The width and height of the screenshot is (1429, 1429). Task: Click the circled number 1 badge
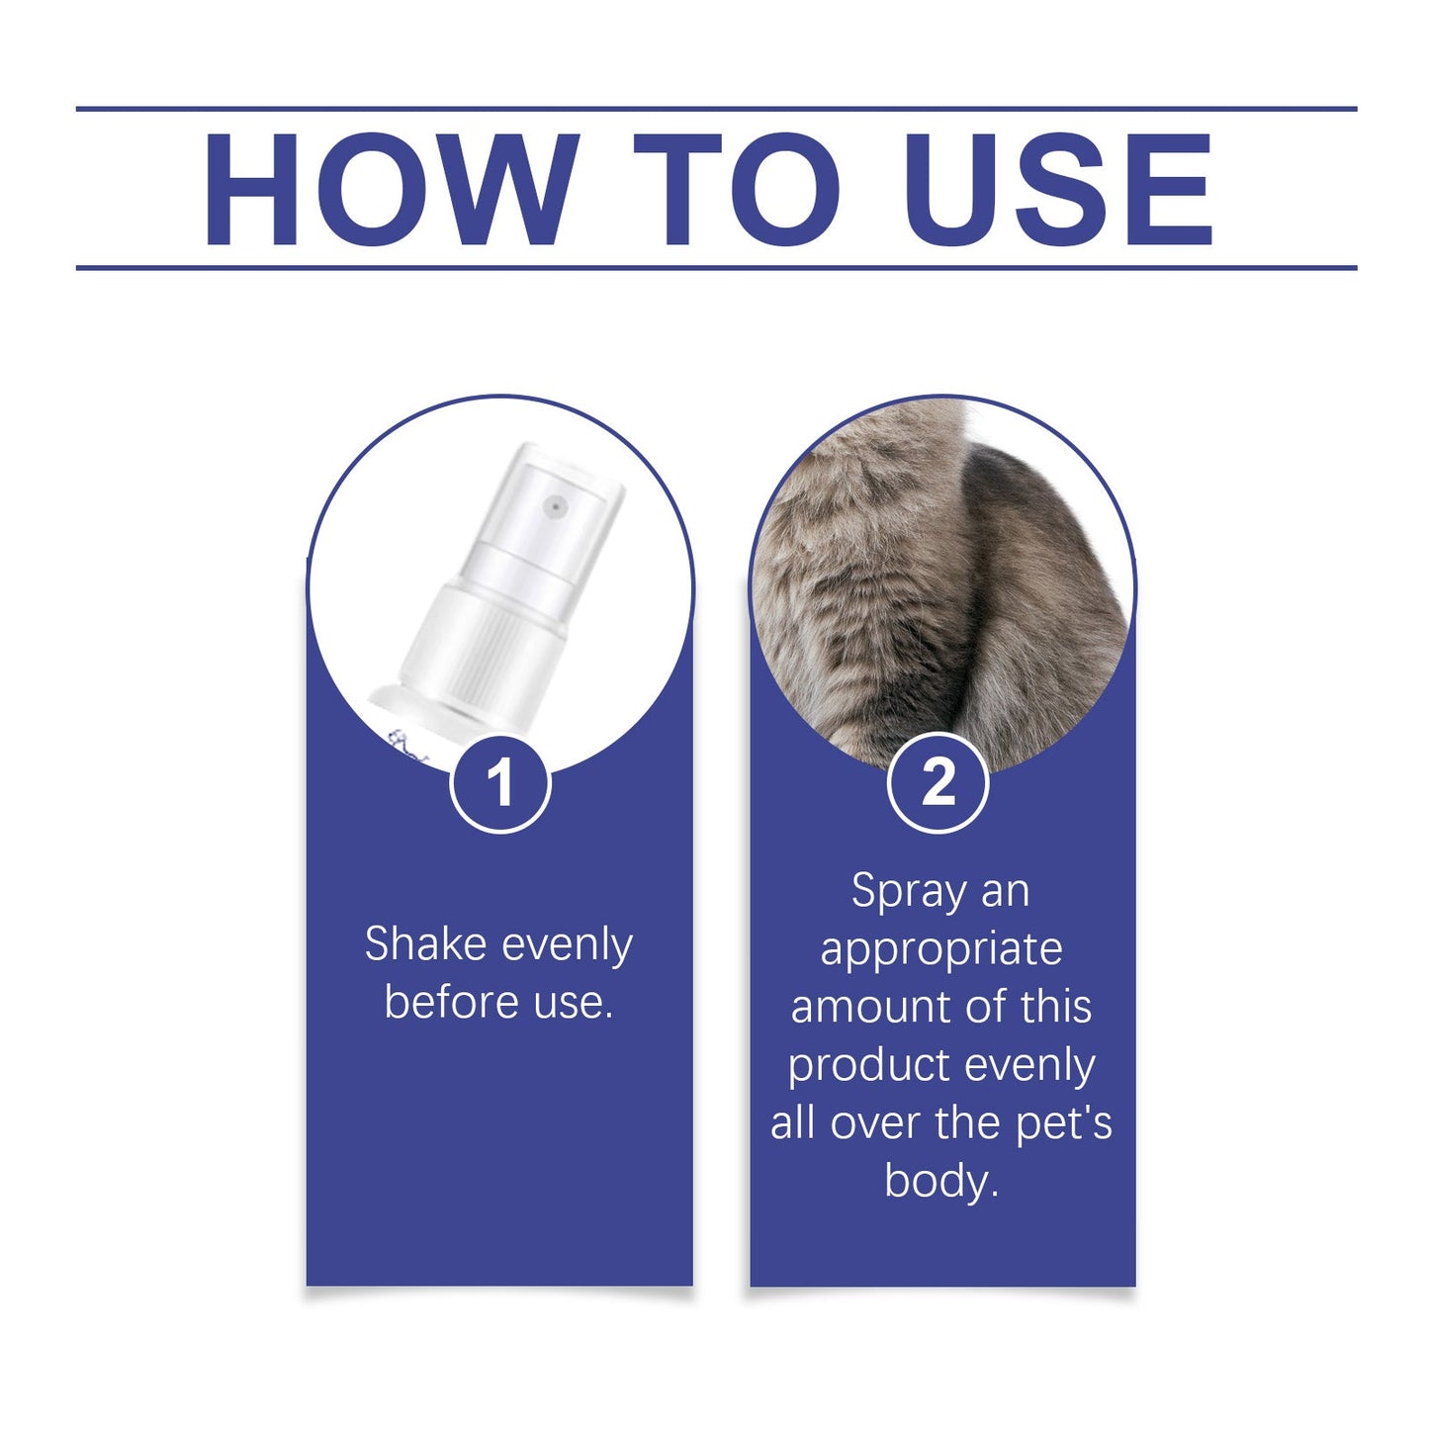click(x=499, y=783)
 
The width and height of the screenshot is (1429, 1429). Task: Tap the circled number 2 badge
click(x=938, y=783)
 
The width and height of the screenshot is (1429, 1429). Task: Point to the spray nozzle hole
click(x=555, y=507)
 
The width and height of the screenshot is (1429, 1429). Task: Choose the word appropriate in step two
click(x=941, y=949)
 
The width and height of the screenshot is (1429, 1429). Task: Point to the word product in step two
click(x=867, y=1066)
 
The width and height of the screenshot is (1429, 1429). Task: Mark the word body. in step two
click(x=941, y=1181)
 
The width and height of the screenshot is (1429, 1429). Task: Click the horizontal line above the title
click(x=716, y=108)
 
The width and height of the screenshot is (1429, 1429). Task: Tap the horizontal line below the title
click(x=716, y=267)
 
